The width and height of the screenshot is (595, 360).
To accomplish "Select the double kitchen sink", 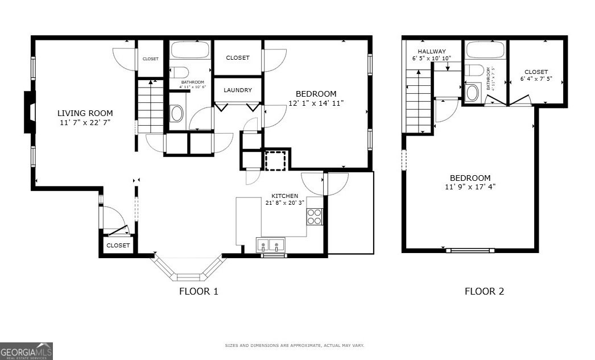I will click(271, 246).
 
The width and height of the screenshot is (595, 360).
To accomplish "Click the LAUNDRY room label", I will click(238, 90).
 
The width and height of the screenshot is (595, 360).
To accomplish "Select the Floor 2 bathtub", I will click(485, 51).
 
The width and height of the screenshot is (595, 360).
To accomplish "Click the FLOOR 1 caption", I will click(199, 292).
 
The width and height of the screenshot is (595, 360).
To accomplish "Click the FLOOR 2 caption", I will click(484, 292).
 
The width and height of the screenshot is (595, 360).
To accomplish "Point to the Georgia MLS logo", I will click(26, 351).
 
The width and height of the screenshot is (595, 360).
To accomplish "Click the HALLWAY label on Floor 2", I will click(432, 51).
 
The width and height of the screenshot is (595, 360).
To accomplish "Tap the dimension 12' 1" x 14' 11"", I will click(316, 103).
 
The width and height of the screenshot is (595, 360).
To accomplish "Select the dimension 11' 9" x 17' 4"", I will click(470, 187).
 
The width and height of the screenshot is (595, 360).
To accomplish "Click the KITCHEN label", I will click(284, 196).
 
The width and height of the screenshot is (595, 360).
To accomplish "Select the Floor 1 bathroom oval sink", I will click(177, 114).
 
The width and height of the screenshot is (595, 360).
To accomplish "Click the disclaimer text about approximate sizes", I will click(294, 345).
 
